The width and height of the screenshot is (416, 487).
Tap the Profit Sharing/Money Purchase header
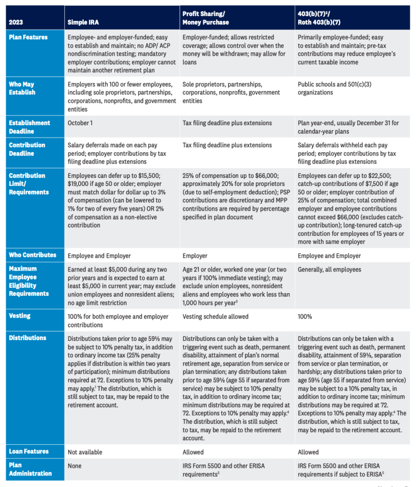point(206,18)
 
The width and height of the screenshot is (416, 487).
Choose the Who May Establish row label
point(22,88)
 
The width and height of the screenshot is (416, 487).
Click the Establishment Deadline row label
point(29,127)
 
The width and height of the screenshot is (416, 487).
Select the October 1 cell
point(80,123)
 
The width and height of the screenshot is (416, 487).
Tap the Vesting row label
point(20,316)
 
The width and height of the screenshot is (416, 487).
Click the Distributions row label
point(28,338)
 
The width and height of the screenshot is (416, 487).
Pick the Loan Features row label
point(29,452)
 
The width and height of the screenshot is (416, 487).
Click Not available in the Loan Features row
point(85,452)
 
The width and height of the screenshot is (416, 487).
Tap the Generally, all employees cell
point(329,270)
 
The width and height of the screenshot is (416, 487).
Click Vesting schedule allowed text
point(215,316)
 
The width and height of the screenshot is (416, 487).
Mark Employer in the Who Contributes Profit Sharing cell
point(195,255)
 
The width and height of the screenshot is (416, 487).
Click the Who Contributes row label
point(32,255)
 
